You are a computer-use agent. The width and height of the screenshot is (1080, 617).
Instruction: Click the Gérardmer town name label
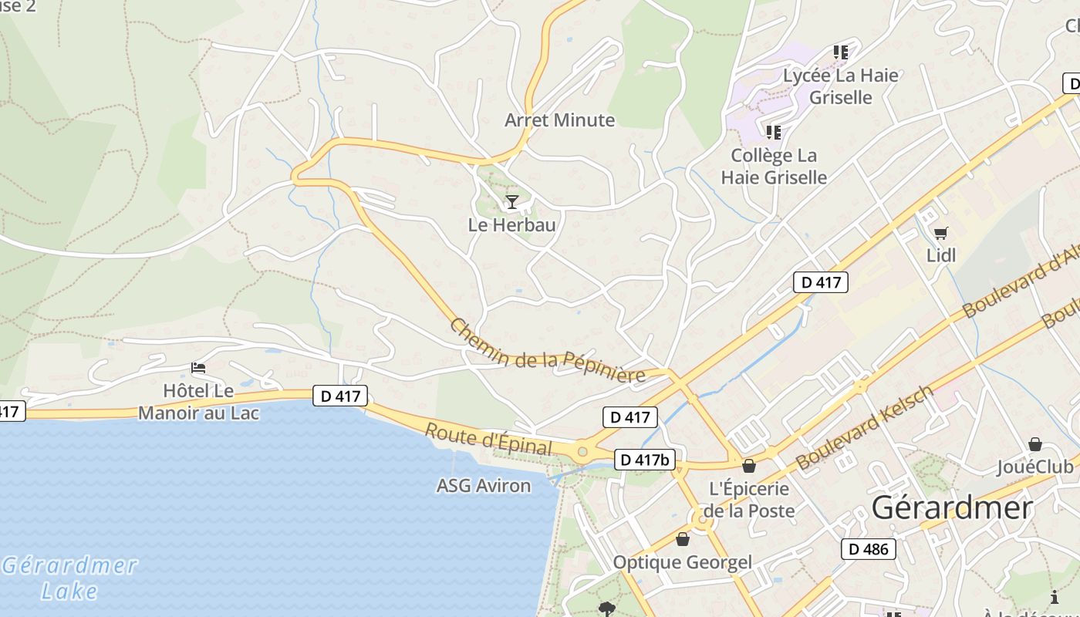(952, 508)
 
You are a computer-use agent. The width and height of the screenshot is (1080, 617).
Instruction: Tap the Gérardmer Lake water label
(69, 578)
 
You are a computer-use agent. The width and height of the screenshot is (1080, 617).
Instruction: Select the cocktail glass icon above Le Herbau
(511, 202)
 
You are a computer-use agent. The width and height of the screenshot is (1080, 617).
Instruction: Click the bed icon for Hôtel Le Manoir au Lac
(198, 368)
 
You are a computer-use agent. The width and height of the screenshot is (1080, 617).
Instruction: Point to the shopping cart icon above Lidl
(940, 232)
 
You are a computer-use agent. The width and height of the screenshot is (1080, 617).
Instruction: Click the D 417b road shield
(646, 460)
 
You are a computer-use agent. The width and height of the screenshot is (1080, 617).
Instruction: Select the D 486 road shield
(869, 549)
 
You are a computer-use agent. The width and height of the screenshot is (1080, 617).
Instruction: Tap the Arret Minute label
(559, 120)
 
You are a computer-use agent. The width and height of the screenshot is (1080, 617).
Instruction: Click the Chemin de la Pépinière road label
(547, 350)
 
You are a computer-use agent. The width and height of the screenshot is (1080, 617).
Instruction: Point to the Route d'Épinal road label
(488, 439)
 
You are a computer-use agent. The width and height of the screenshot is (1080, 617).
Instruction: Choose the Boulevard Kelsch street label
(865, 428)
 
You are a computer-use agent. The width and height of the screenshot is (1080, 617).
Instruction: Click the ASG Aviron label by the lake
(484, 486)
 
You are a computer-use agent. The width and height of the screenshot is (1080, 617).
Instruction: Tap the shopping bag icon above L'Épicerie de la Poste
(748, 466)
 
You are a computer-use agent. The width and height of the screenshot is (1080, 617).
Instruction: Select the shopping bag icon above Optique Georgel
(682, 538)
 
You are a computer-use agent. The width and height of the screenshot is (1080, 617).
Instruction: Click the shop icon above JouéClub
(1034, 444)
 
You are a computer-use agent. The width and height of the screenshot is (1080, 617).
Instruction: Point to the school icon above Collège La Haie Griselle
(774, 133)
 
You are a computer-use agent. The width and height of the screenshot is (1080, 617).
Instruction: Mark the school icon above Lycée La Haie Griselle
(841, 52)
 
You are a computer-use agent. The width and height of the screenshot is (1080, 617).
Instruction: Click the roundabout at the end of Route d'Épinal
(582, 451)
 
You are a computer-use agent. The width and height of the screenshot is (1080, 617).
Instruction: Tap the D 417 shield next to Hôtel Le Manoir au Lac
(340, 396)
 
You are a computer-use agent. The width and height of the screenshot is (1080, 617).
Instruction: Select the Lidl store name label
(940, 255)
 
